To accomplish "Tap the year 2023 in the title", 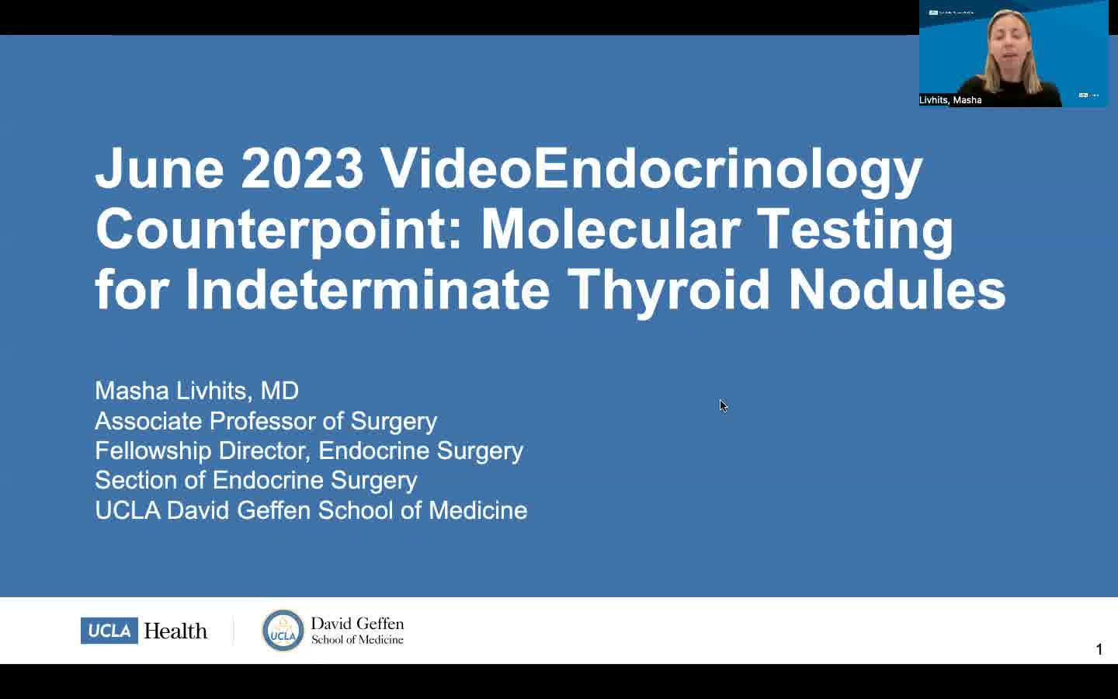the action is [x=302, y=168].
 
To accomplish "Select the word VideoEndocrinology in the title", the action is [x=651, y=172].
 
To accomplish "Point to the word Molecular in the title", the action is [x=610, y=228].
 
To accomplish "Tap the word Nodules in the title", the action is [x=897, y=290].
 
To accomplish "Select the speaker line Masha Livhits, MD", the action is [x=196, y=391].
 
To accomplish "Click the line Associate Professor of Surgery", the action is [x=266, y=421].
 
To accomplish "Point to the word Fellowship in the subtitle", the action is [x=153, y=450].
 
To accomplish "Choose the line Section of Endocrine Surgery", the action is [x=256, y=480].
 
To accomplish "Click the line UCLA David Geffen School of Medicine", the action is [x=311, y=510].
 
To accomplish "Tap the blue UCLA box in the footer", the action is [x=109, y=631].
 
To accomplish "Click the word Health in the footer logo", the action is [x=175, y=631].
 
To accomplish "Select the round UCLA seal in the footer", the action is [x=283, y=631].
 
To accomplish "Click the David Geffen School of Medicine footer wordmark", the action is [x=357, y=631].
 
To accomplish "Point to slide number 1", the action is [x=1099, y=649].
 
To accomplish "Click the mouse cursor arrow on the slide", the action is [x=724, y=406].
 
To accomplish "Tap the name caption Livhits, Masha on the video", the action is [x=950, y=100].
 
